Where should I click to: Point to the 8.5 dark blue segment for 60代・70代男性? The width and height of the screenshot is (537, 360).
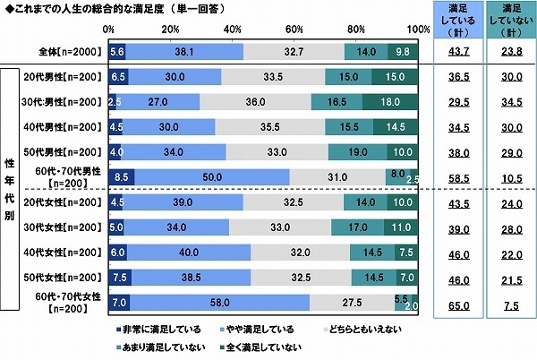(x=121, y=178)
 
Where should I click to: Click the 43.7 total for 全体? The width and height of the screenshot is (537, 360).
(x=457, y=53)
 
